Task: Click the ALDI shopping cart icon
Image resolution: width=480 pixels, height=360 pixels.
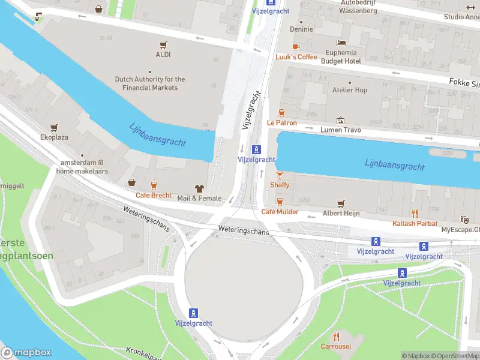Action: click(x=163, y=44)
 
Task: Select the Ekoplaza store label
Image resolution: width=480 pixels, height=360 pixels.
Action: click(x=55, y=137)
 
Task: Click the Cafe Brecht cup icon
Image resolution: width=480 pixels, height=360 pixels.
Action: click(x=154, y=185)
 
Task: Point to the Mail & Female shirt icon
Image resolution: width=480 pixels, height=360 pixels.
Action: click(x=199, y=188)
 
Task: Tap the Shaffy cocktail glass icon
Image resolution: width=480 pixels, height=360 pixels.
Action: click(x=280, y=175)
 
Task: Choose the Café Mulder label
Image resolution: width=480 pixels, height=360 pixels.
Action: click(x=280, y=212)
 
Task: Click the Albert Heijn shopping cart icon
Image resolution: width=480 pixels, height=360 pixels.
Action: click(x=341, y=204)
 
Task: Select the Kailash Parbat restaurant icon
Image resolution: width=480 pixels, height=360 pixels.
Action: click(x=414, y=213)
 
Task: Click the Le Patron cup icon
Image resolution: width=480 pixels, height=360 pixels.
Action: click(x=280, y=112)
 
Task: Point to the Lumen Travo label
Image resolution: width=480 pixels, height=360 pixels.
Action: click(x=341, y=130)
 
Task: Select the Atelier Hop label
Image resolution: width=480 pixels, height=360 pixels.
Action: click(x=350, y=90)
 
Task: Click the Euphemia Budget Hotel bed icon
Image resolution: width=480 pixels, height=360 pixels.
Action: click(x=341, y=43)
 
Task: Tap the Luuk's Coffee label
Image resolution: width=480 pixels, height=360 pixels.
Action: click(x=296, y=57)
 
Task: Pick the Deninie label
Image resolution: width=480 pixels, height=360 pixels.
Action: click(x=301, y=29)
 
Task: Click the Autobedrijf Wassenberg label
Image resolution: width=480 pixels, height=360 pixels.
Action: click(x=358, y=7)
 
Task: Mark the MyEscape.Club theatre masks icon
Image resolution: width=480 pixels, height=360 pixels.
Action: click(x=463, y=220)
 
